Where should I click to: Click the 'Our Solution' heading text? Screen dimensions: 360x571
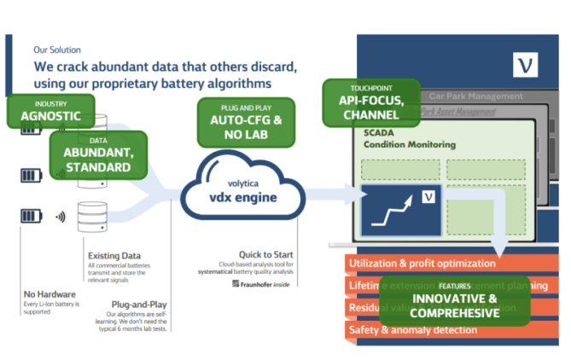[59, 49]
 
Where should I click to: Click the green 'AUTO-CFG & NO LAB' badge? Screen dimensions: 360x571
[241, 121]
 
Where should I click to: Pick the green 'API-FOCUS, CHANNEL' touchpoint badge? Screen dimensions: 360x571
[371, 104]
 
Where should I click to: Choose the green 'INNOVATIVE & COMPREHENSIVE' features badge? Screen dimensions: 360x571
[455, 301]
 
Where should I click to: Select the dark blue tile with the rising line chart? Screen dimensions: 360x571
[400, 209]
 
